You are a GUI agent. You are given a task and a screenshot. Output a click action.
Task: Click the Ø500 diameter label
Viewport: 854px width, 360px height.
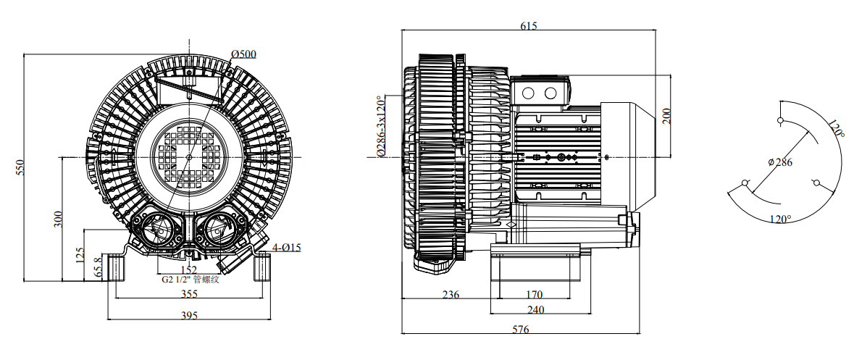pos(243,54)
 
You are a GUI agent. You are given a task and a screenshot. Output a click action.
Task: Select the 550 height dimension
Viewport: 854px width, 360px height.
pos(20,167)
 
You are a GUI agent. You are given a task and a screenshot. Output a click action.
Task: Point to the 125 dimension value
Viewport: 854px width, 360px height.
pos(80,255)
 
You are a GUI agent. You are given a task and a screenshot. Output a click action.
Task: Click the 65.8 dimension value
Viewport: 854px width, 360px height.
pos(98,267)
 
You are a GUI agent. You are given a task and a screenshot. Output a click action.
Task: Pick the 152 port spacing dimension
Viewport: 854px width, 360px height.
pos(188,269)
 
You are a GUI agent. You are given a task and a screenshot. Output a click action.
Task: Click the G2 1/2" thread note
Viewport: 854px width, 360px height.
pos(190,280)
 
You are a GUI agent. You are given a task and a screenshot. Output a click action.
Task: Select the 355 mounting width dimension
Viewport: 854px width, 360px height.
pos(189,294)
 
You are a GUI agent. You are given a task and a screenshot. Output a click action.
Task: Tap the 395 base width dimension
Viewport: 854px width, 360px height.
pos(189,315)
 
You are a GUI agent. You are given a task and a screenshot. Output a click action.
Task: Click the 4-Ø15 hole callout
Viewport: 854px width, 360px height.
pos(287,248)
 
